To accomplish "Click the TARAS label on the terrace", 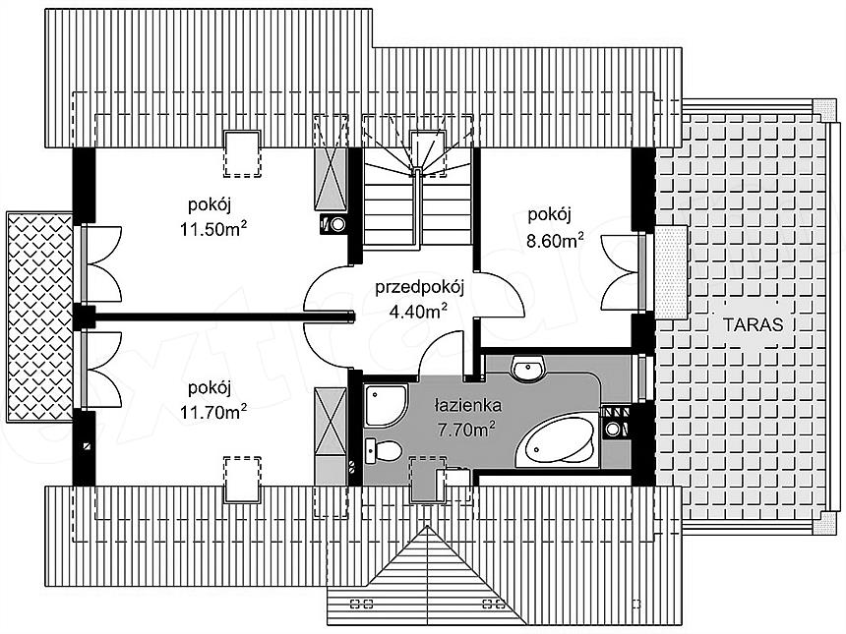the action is [x=753, y=324].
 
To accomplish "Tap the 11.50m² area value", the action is [x=213, y=229].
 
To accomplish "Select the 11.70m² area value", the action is [x=213, y=412].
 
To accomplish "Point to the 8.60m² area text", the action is [x=555, y=239].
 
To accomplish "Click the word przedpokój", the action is [x=420, y=288].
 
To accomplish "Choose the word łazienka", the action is [x=468, y=404].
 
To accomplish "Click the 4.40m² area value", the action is [x=418, y=311].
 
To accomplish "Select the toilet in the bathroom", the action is [x=383, y=451].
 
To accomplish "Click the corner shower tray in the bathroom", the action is [x=385, y=405].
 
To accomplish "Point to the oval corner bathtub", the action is [x=557, y=441].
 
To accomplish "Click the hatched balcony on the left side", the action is [x=40, y=317].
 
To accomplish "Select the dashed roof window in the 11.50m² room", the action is [x=242, y=153].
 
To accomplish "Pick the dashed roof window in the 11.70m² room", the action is [x=242, y=480].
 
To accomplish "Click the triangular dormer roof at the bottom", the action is [x=426, y=576].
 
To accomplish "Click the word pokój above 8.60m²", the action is [x=549, y=214].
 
